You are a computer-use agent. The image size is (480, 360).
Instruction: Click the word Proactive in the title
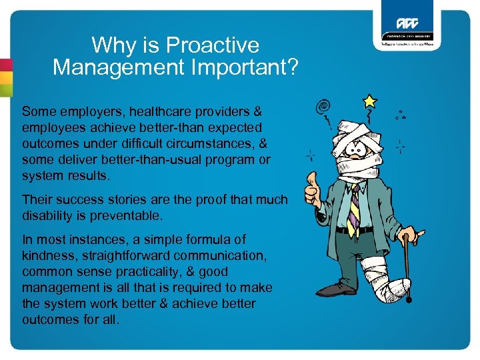click(x=213, y=45)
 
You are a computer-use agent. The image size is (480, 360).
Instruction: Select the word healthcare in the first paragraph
click(x=139, y=111)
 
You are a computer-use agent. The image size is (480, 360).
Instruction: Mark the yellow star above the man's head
click(x=370, y=101)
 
